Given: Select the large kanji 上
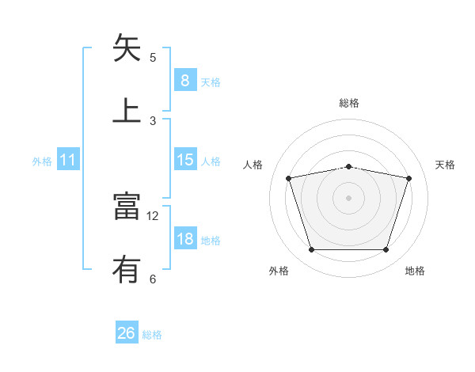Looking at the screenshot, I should tap(127, 110).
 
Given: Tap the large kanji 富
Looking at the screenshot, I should tap(127, 207).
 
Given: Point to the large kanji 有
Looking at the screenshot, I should tap(127, 270).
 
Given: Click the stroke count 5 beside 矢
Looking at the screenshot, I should tap(153, 58).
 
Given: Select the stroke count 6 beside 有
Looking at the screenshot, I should tap(153, 279).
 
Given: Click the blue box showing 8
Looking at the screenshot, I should tap(184, 81).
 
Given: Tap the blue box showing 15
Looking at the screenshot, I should tap(184, 160).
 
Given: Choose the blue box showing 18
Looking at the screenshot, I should tap(184, 239).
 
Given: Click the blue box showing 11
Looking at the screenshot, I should tap(67, 161).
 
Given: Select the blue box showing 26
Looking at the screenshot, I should tap(126, 333).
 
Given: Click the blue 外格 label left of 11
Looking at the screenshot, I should tap(42, 161).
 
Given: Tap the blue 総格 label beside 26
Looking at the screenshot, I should tap(152, 335).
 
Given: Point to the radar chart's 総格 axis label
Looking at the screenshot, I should tap(348, 103).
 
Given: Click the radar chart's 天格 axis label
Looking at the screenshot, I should tap(446, 165).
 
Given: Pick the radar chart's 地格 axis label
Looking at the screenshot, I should tap(415, 271).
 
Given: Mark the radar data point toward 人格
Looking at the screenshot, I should tap(289, 178).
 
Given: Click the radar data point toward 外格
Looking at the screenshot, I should tap(311, 250).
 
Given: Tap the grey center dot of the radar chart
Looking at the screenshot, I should tap(348, 197).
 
